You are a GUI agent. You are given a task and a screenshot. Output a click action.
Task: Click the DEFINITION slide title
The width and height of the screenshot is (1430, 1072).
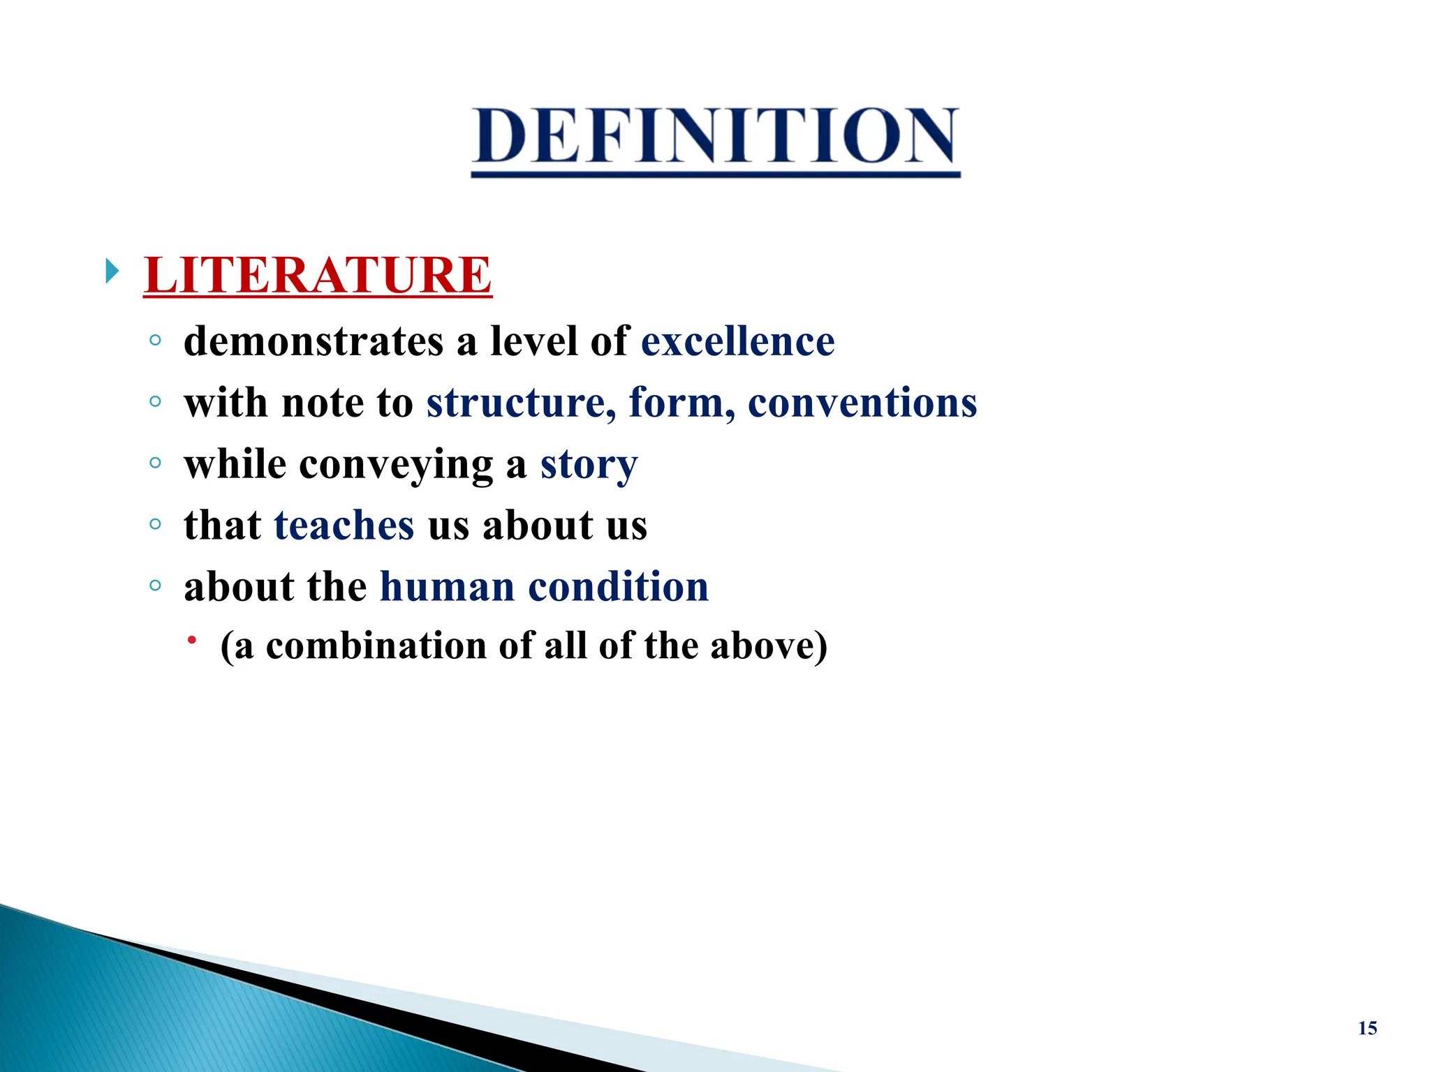click(x=715, y=137)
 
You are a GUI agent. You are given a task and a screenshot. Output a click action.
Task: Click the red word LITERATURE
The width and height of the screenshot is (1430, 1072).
click(x=318, y=275)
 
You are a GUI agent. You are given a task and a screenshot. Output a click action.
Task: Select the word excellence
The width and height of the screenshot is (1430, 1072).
click(x=737, y=342)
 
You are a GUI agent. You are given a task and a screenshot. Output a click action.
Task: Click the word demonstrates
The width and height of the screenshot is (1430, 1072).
click(x=314, y=342)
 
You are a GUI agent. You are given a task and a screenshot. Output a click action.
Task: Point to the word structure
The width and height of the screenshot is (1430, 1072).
click(x=521, y=403)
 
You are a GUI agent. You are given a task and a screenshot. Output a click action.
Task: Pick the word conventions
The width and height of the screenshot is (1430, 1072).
click(x=862, y=403)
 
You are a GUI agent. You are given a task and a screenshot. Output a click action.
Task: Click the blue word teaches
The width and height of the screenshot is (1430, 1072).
click(x=344, y=526)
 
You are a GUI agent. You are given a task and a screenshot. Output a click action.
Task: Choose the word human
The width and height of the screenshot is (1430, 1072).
click(x=447, y=587)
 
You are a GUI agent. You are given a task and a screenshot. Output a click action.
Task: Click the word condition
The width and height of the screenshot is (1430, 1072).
click(x=618, y=587)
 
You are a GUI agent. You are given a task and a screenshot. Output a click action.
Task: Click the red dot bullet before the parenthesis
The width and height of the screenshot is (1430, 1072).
click(x=192, y=640)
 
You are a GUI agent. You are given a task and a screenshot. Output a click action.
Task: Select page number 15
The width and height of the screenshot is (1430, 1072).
click(x=1367, y=1028)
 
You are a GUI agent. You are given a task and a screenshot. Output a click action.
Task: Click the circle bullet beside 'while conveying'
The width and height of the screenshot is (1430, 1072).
click(x=155, y=462)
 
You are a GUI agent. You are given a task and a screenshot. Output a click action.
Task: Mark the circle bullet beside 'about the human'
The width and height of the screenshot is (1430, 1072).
click(x=155, y=585)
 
